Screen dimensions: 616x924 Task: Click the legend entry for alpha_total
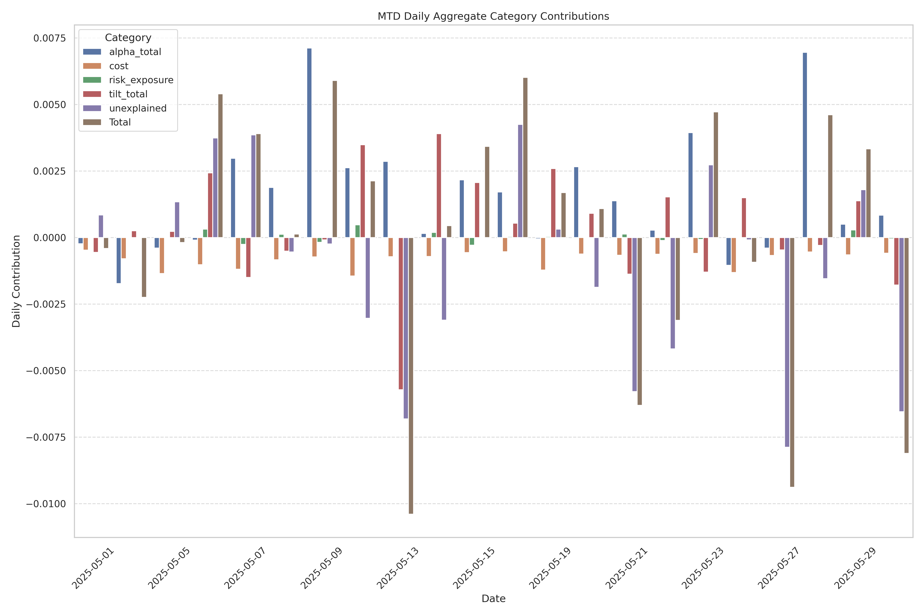(x=135, y=52)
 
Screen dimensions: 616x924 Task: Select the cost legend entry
(x=119, y=66)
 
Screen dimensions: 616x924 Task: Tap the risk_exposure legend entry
(x=141, y=80)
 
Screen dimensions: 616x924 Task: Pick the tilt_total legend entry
(x=128, y=94)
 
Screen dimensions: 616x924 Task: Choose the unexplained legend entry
(x=138, y=108)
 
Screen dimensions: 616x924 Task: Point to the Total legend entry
(x=120, y=122)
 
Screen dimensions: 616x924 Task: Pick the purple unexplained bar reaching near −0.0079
(x=787, y=342)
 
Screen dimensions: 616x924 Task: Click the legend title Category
(x=128, y=38)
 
